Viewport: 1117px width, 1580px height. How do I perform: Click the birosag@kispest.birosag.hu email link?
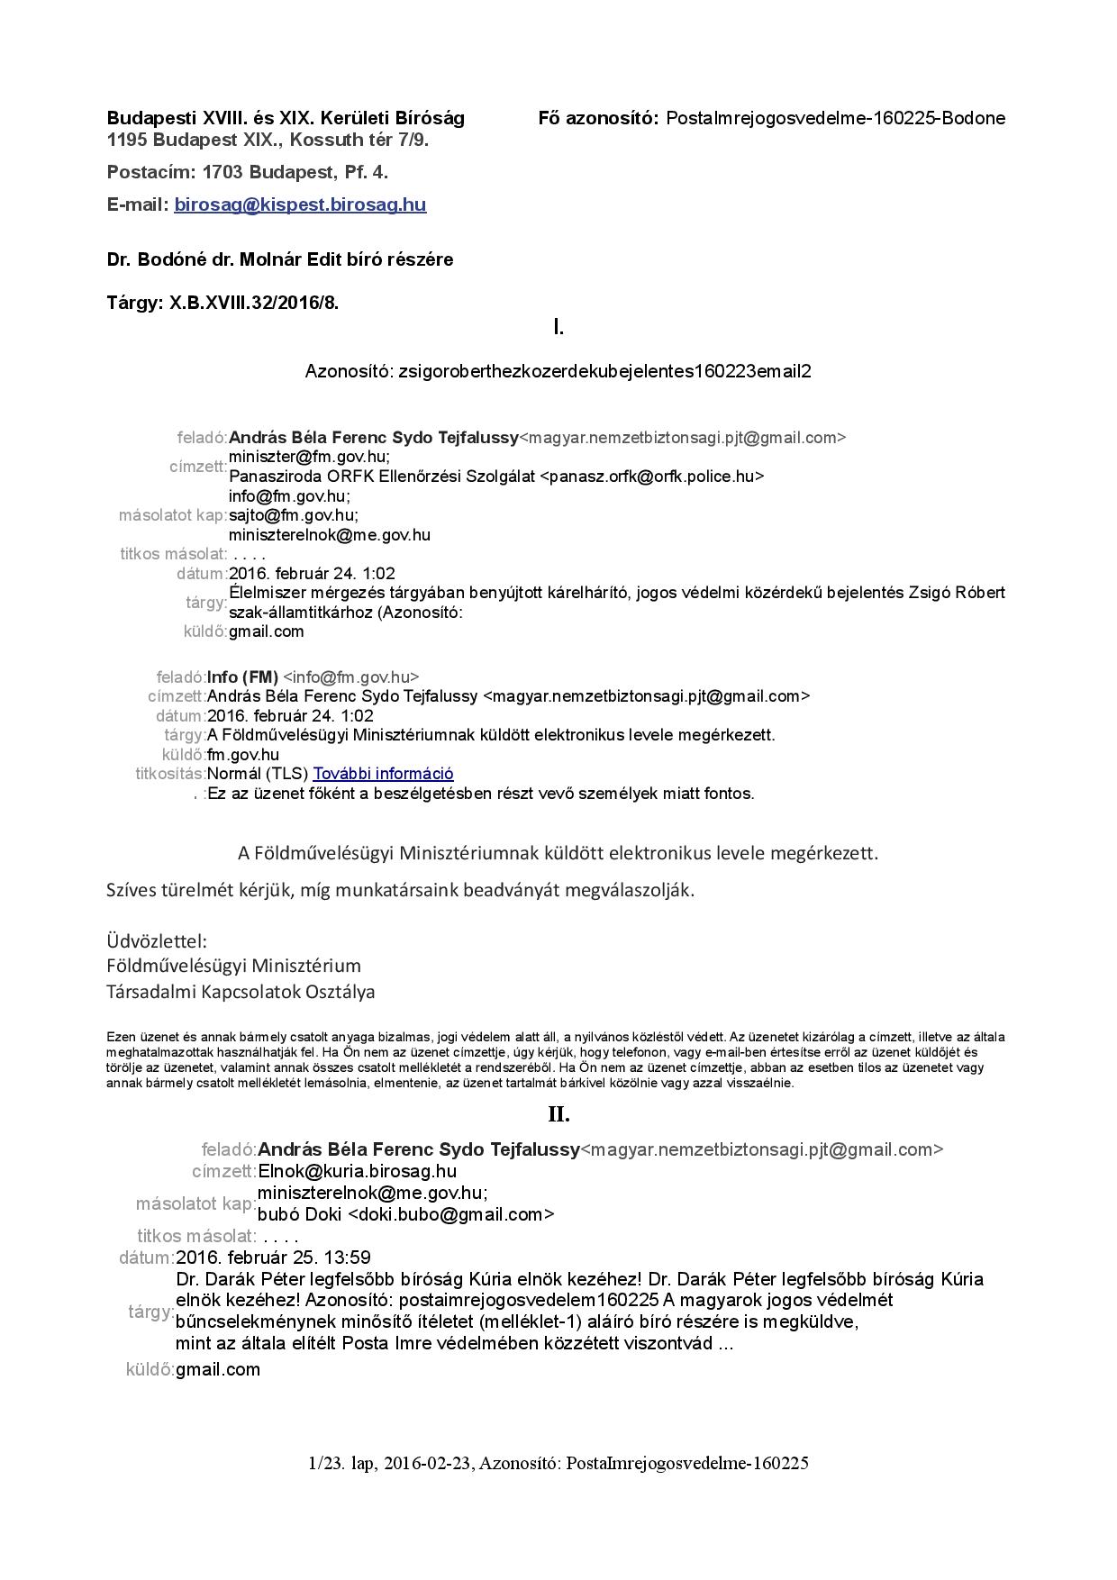(300, 204)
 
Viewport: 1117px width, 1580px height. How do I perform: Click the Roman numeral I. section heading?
(558, 328)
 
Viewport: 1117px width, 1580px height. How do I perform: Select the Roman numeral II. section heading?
(558, 1115)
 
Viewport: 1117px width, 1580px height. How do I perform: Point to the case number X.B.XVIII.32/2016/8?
(254, 303)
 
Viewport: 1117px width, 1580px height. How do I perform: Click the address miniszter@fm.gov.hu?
(310, 457)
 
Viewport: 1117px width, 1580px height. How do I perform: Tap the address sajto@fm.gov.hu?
(294, 515)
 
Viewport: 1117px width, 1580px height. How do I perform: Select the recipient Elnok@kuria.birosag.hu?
(357, 1172)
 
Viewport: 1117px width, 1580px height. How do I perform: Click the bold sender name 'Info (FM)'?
(242, 676)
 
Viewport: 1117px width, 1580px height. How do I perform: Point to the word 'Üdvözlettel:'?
(157, 941)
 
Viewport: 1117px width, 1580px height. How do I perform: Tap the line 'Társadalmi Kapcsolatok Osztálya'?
(241, 992)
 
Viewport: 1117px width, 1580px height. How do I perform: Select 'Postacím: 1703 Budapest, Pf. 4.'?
(247, 172)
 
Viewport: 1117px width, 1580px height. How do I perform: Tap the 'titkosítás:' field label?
(170, 774)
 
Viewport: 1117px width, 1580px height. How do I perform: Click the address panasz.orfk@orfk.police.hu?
(651, 477)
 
